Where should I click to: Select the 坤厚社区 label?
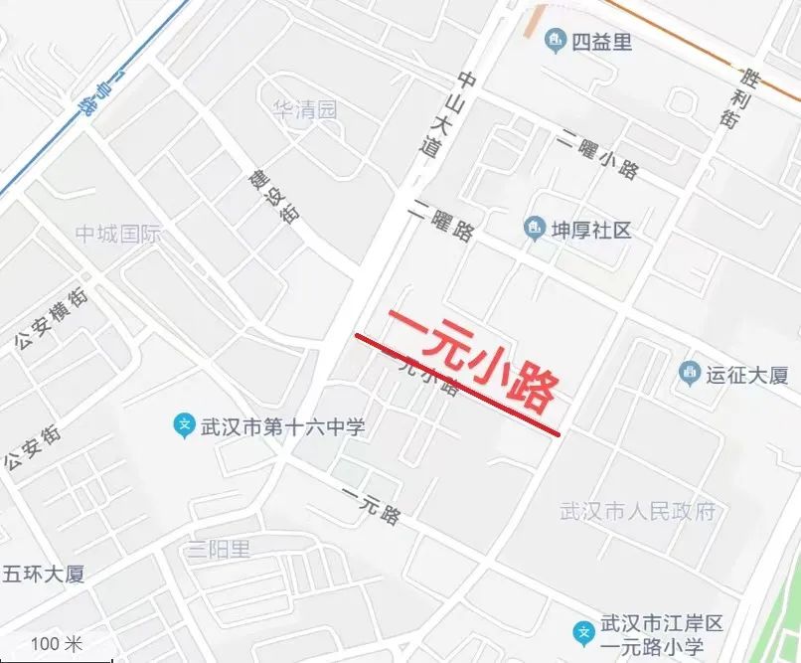591,230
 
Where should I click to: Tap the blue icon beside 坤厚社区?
535,230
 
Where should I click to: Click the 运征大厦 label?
746,375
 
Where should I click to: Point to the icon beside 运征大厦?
689,374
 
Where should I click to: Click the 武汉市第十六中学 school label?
283,427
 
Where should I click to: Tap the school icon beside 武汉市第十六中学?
184,426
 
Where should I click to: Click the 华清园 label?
305,108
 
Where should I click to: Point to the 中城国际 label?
118,235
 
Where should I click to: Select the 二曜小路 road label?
596,156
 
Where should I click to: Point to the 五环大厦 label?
44,574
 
